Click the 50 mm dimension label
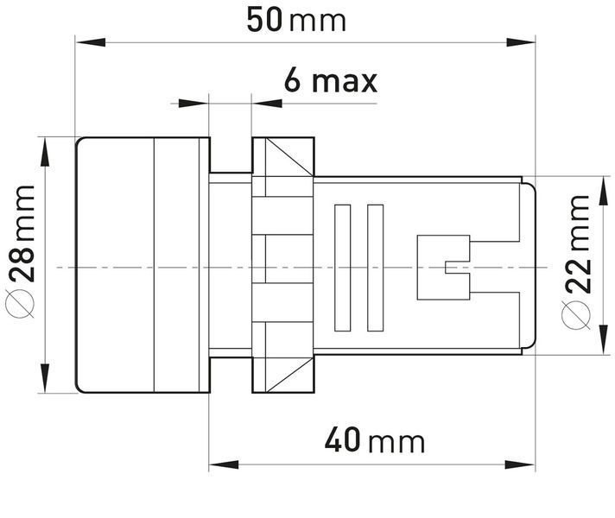(296, 20)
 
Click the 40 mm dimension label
(375, 441)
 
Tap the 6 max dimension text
(331, 80)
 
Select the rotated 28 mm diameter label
(21, 234)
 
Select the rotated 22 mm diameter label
(577, 244)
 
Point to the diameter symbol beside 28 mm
(20, 304)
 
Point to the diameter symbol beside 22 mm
(575, 314)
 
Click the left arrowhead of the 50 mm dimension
(90, 42)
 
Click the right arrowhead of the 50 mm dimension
(521, 42)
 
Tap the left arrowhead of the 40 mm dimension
(224, 465)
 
